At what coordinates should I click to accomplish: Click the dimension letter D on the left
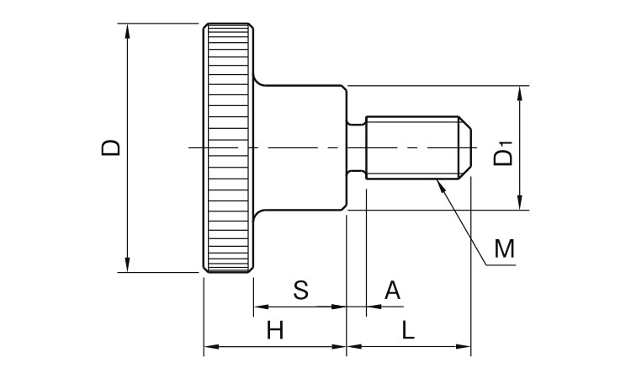click(x=110, y=148)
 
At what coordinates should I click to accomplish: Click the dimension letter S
click(x=300, y=291)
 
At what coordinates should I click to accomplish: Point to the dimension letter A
click(x=392, y=291)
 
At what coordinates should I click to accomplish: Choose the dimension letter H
click(x=274, y=331)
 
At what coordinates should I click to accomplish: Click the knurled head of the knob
click(x=227, y=148)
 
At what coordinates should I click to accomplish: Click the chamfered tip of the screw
click(x=463, y=148)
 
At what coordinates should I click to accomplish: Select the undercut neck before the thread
click(x=357, y=148)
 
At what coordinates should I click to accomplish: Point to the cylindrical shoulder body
click(x=303, y=148)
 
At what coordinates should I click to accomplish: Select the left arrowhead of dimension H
click(x=209, y=346)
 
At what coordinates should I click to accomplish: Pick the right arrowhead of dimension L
click(x=464, y=346)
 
